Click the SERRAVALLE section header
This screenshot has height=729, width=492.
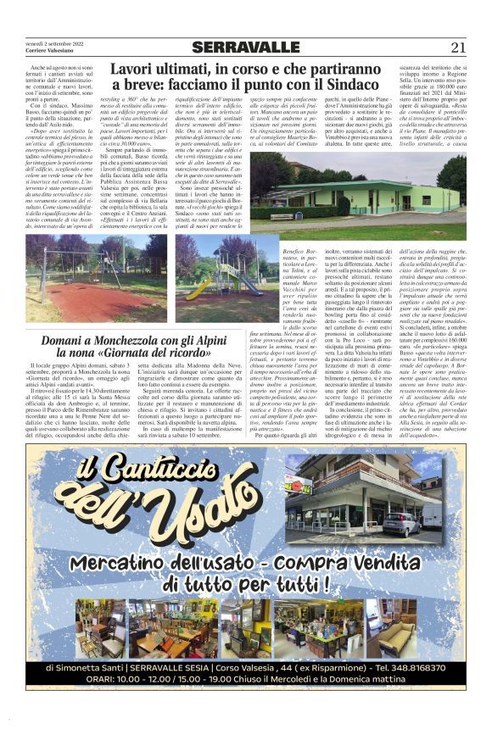[x=245, y=47]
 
